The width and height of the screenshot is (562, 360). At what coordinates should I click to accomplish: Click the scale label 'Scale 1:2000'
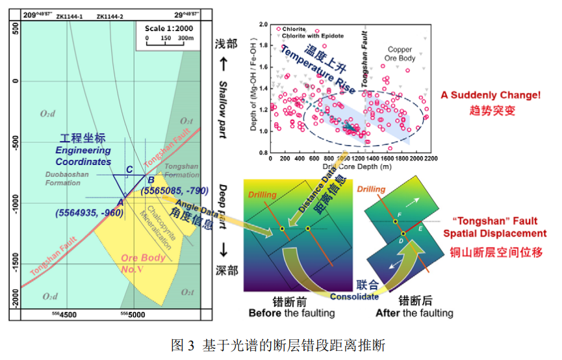click(x=166, y=29)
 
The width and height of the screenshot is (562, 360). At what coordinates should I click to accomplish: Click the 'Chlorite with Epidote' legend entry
click(x=313, y=36)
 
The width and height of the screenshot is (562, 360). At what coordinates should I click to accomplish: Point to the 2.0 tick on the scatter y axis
click(x=264, y=25)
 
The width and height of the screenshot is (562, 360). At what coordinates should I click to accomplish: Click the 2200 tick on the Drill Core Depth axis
click(x=431, y=159)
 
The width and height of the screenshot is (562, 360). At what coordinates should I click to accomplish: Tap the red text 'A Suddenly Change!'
click(x=491, y=96)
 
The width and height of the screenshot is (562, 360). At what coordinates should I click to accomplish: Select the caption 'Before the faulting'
click(x=292, y=313)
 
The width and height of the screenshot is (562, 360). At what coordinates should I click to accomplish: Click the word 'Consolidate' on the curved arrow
click(x=353, y=296)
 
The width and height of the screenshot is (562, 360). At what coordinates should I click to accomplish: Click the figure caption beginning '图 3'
click(x=280, y=345)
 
